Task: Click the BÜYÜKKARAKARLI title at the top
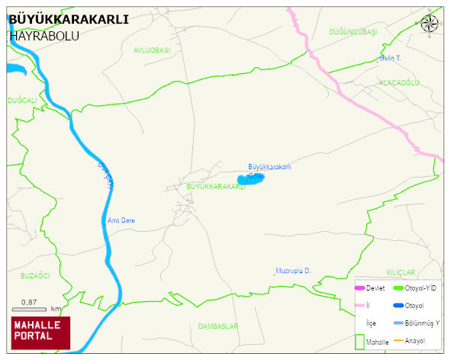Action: [x=68, y=20]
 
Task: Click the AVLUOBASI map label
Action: [x=151, y=50]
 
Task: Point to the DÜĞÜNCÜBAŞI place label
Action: [x=353, y=32]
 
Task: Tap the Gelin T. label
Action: [x=390, y=58]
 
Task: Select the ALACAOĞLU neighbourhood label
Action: [x=400, y=82]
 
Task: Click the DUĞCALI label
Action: [x=22, y=100]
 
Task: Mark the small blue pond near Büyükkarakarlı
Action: [x=250, y=179]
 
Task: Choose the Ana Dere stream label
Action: [x=121, y=220]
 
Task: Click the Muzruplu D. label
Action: [x=294, y=271]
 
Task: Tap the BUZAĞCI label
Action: [x=35, y=275]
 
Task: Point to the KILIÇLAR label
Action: [x=401, y=272]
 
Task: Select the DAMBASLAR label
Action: [x=218, y=326]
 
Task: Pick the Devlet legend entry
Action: [x=370, y=288]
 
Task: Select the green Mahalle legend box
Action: [x=360, y=340]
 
